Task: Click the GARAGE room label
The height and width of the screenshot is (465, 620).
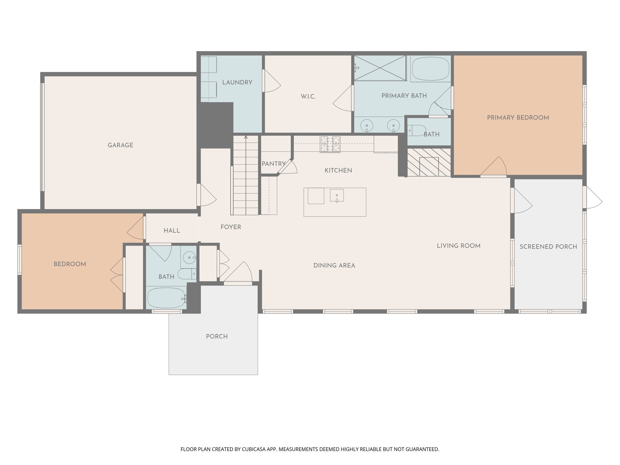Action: click(x=120, y=145)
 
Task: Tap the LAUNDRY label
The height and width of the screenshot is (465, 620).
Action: click(x=237, y=82)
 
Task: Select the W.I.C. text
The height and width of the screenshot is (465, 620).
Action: click(x=308, y=97)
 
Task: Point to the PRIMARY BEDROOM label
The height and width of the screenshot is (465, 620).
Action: click(x=518, y=118)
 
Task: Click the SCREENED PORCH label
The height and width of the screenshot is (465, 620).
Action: click(x=548, y=247)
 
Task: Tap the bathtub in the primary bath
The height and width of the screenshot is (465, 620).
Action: click(x=430, y=69)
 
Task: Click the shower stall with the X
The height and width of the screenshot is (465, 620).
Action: click(x=380, y=68)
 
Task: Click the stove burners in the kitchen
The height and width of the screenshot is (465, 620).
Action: click(x=330, y=144)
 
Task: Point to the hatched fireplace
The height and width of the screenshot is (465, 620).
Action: click(x=429, y=162)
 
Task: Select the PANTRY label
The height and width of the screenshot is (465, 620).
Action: click(x=274, y=164)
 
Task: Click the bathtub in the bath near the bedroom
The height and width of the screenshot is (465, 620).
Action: click(x=166, y=298)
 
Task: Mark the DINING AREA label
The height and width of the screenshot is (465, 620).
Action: click(x=334, y=265)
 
